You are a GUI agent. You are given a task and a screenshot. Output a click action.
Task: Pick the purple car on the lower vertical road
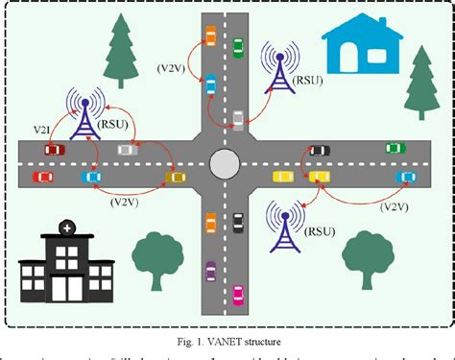pos(210,271)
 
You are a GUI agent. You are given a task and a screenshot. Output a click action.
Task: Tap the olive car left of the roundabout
pos(176,176)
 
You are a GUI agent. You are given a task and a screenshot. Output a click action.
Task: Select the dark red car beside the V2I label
pos(54,149)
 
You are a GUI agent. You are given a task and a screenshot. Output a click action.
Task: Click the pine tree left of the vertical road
pos(119,48)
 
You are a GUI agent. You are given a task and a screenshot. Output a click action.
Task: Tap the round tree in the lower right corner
pos(369,255)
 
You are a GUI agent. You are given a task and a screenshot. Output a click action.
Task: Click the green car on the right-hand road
pos(395,149)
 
